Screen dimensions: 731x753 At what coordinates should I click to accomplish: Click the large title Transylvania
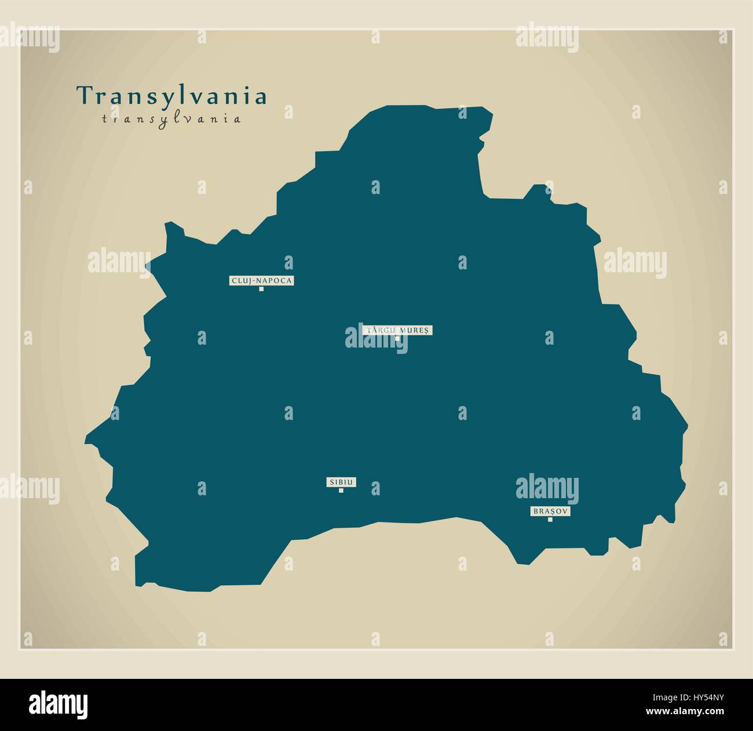(171, 96)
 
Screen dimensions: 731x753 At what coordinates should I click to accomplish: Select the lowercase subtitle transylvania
(171, 119)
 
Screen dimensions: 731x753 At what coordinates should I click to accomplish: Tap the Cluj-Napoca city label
(262, 281)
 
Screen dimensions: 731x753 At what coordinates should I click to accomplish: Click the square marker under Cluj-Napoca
(261, 288)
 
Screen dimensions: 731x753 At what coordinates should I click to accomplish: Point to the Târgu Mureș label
(397, 330)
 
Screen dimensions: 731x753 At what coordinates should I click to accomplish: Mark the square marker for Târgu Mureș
(397, 338)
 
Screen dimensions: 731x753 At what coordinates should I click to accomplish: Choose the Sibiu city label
(341, 482)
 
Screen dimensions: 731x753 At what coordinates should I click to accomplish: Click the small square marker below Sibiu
(341, 491)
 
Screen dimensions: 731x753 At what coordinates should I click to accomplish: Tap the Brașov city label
(550, 511)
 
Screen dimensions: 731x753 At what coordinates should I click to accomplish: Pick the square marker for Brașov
(550, 520)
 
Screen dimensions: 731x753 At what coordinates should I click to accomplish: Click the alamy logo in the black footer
(59, 704)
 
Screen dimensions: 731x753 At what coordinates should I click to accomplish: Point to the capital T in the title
(85, 96)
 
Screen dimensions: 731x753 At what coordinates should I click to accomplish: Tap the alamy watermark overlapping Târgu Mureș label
(376, 340)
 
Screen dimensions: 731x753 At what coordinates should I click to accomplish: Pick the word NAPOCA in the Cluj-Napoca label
(277, 281)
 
